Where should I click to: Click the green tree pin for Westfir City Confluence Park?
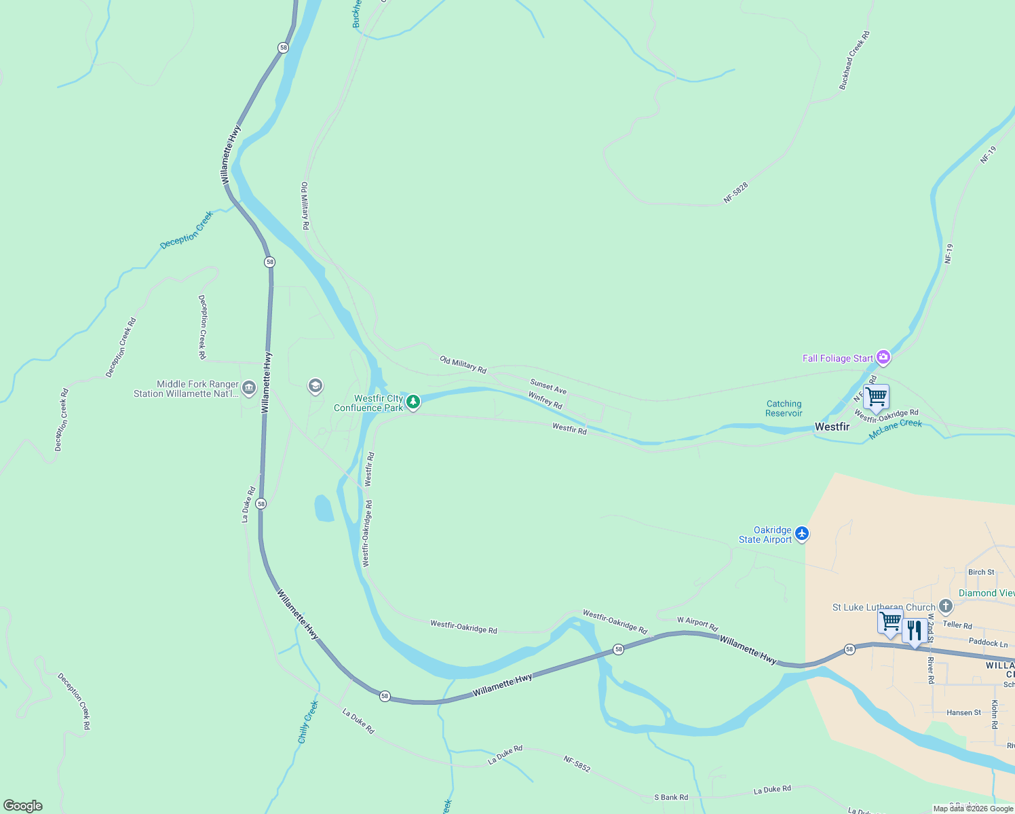413,402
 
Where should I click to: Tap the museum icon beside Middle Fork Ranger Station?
248,388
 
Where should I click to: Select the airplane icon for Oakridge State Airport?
802,534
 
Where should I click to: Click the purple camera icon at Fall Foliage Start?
883,357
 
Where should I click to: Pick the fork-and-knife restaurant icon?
914,631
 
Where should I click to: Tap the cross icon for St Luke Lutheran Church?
946,606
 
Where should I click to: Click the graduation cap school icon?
315,387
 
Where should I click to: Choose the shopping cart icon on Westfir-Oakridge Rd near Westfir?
876,396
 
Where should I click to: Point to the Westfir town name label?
832,427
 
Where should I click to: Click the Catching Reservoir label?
784,408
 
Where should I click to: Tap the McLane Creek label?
896,429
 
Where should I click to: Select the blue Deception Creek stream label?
187,230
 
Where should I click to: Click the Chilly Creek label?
307,722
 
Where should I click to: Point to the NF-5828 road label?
735,193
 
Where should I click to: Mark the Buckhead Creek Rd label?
854,60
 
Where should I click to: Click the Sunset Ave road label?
548,387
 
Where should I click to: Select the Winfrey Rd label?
545,400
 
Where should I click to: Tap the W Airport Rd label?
697,624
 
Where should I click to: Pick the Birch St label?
981,572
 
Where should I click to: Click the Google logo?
23,806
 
